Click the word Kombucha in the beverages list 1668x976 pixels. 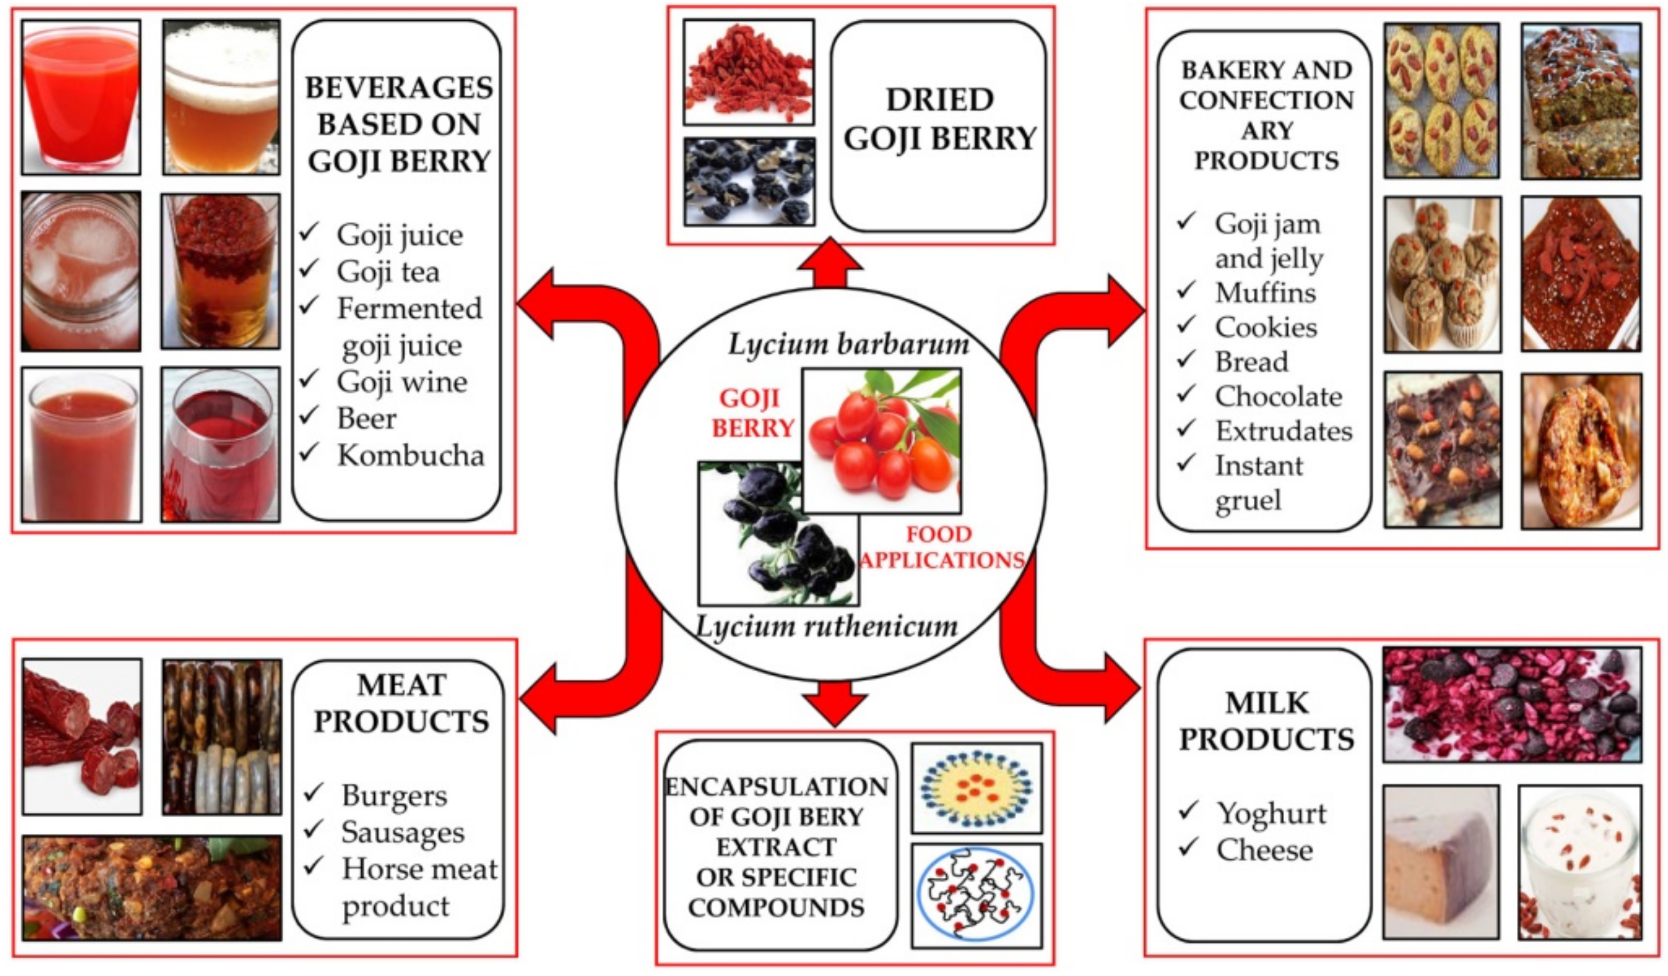(x=411, y=455)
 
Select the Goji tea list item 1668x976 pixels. (x=388, y=271)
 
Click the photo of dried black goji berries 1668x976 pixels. (x=749, y=182)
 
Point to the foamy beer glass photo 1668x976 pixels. (x=221, y=98)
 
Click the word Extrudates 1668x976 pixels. (x=1284, y=431)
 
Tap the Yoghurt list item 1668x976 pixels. (x=1272, y=812)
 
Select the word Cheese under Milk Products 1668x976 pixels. (x=1264, y=850)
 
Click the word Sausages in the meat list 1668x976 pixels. (x=402, y=833)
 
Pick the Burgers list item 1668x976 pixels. (x=394, y=795)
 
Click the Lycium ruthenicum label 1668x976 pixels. (x=826, y=625)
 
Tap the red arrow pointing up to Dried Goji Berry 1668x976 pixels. (x=830, y=263)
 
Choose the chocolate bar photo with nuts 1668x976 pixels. (x=1442, y=449)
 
